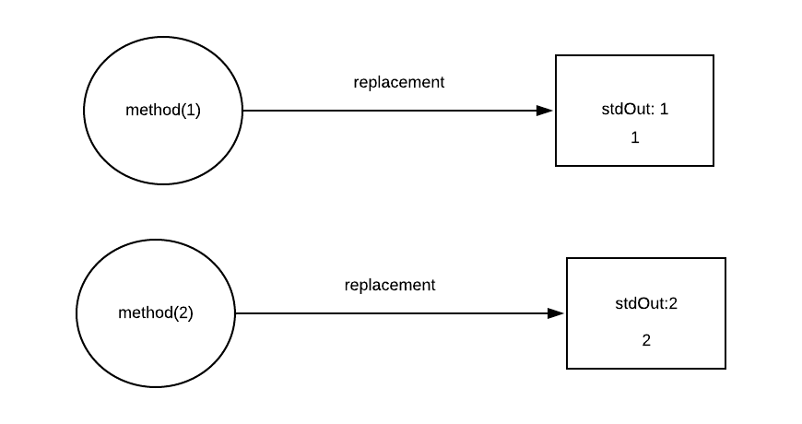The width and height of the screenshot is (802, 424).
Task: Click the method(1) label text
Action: click(x=162, y=111)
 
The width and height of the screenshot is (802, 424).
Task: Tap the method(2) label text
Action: click(x=156, y=312)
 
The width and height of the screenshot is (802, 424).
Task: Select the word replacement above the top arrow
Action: click(x=398, y=82)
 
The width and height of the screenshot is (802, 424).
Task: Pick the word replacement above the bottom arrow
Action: click(x=389, y=285)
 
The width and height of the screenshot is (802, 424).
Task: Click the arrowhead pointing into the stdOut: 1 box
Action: click(x=545, y=111)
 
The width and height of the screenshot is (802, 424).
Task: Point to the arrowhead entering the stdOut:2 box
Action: click(x=556, y=313)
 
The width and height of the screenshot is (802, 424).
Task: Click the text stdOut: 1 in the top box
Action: click(x=634, y=109)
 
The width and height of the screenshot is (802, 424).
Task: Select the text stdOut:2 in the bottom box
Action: click(x=646, y=303)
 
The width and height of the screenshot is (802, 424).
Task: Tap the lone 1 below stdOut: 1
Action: click(x=634, y=138)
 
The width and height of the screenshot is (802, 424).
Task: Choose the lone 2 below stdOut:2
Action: click(x=646, y=340)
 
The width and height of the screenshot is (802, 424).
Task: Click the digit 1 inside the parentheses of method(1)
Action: click(x=190, y=111)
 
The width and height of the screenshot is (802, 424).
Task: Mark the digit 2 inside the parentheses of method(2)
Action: click(x=183, y=312)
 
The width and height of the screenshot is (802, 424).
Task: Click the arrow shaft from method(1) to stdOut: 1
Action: click(x=387, y=111)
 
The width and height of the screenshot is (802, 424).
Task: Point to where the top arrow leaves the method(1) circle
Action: click(x=242, y=111)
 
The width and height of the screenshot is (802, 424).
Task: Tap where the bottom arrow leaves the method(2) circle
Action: click(x=236, y=313)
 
